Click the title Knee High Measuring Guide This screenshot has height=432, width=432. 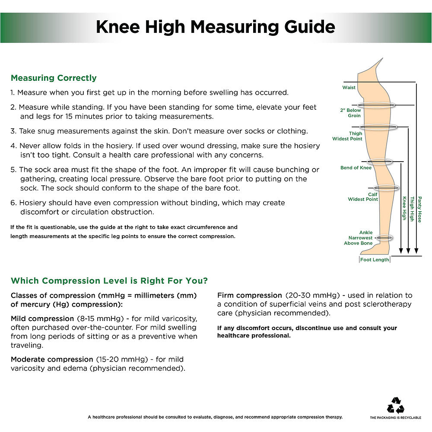click(x=216, y=27)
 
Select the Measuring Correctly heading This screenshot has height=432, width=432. click(x=54, y=78)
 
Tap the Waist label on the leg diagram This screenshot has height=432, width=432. click(x=349, y=87)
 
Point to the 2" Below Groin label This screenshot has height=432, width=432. click(x=350, y=113)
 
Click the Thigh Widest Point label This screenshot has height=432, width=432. click(x=347, y=136)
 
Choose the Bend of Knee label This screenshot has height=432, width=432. click(x=356, y=168)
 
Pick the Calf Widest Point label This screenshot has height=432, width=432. click(x=363, y=197)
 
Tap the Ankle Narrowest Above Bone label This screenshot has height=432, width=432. click(x=358, y=238)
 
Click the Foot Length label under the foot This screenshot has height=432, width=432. click(x=375, y=260)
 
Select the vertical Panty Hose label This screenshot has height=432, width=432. click(x=419, y=210)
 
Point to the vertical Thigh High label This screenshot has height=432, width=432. click(x=412, y=209)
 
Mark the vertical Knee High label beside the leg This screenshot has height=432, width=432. click(x=404, y=208)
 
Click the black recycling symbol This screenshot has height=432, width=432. click(x=396, y=405)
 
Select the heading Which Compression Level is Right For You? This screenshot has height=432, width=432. click(x=109, y=281)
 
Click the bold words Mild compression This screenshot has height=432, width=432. click(x=42, y=318)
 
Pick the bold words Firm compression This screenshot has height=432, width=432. click(x=250, y=295)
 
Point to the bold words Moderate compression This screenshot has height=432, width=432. click(x=52, y=359)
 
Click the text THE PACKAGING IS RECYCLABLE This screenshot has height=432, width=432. click(x=396, y=418)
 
